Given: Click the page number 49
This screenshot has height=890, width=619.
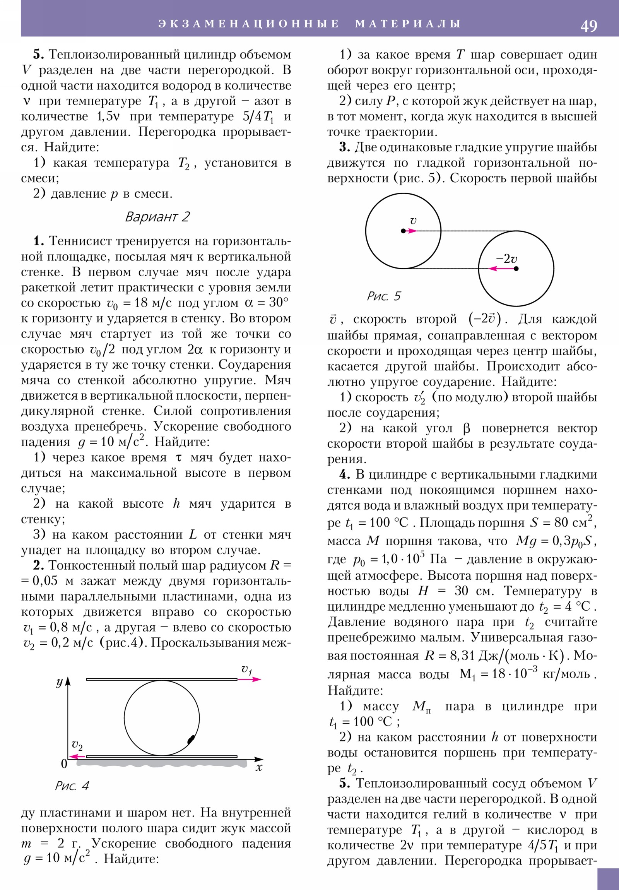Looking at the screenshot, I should click(588, 26).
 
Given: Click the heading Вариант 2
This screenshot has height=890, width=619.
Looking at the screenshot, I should click(157, 217).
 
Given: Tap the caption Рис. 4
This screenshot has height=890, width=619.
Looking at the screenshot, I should click(72, 786).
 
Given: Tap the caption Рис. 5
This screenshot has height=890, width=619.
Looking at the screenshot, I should click(383, 296).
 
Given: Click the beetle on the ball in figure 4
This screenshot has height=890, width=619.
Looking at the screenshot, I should click(191, 739).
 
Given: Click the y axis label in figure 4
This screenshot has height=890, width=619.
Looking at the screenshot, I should click(59, 682).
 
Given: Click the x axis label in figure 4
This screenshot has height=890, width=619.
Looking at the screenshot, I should click(259, 767).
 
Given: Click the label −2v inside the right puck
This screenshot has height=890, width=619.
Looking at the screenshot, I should click(506, 258).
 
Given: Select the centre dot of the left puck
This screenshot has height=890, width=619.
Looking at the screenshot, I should click(403, 231).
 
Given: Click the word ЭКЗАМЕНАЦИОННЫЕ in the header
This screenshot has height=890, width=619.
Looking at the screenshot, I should click(249, 24).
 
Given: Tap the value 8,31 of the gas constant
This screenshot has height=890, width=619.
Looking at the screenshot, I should click(462, 656).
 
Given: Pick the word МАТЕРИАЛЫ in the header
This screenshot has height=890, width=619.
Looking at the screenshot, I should click(408, 24).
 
